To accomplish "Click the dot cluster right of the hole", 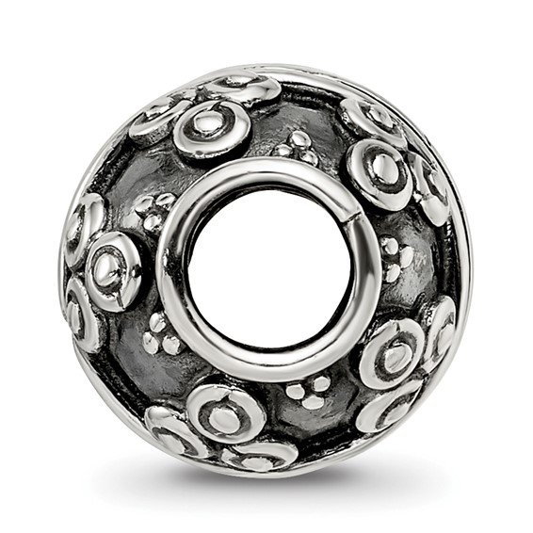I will click(392, 260).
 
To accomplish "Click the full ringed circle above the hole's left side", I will click(212, 125).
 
